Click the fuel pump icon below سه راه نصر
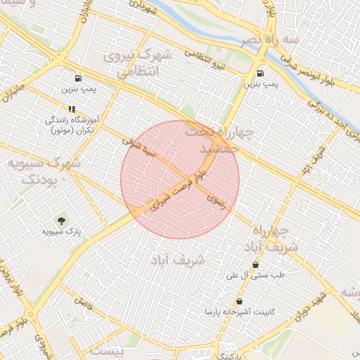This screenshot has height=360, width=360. [x=261, y=73]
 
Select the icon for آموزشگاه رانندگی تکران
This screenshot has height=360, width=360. [x=71, y=109]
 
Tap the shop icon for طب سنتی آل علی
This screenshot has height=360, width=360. [x=255, y=265]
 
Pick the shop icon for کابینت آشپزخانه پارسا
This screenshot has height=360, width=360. [x=240, y=301]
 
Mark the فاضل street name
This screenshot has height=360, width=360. [x=83, y=305]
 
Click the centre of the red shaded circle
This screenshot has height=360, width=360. [x=180, y=179]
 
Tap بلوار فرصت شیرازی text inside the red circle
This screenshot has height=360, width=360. [x=172, y=193]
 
